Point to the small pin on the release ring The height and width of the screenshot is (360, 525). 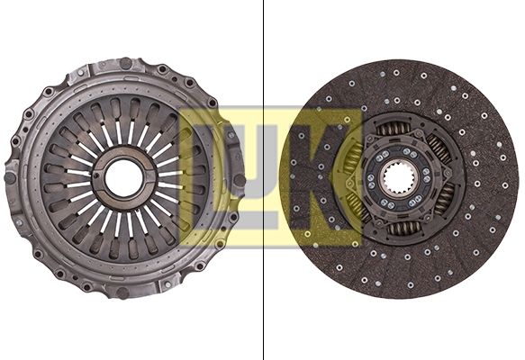click(96, 176)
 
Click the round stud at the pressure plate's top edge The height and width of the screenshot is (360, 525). click(125, 62)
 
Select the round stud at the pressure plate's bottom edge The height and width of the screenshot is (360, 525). click(122, 293)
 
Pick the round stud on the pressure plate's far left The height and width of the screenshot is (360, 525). click(9, 177)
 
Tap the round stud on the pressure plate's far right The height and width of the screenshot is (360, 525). click(240, 180)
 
